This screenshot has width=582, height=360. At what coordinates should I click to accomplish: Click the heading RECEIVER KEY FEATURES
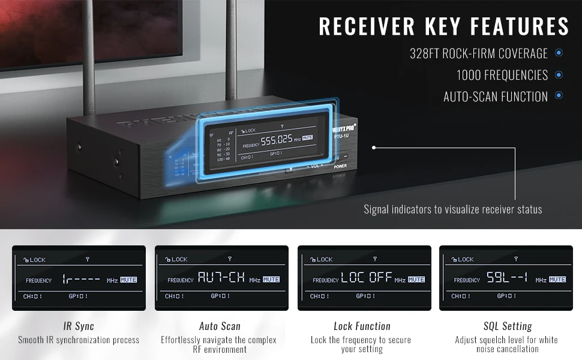click(x=444, y=26)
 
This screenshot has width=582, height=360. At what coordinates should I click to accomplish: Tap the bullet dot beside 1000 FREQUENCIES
click(x=559, y=75)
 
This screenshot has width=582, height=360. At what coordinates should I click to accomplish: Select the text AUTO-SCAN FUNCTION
click(x=496, y=97)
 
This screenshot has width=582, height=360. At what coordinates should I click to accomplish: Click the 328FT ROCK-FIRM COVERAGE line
click(x=479, y=53)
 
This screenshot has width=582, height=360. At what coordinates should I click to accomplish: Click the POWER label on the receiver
click(x=340, y=166)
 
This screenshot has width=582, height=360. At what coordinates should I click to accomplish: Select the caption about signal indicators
click(x=453, y=209)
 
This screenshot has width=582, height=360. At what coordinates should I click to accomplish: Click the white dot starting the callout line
click(x=374, y=147)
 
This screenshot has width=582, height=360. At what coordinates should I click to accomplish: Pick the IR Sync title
click(x=79, y=326)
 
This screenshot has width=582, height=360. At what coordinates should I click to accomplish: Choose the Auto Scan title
click(x=220, y=326)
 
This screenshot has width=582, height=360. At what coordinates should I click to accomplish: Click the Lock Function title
click(x=362, y=326)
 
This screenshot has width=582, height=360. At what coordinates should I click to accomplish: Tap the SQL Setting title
click(x=508, y=326)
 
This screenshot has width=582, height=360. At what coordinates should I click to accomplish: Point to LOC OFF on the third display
click(x=367, y=278)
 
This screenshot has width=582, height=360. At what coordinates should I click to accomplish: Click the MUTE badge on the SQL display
click(x=557, y=280)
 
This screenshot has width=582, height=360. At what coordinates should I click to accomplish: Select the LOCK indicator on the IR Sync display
click(x=34, y=260)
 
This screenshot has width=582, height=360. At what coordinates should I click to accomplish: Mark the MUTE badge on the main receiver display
click(x=307, y=138)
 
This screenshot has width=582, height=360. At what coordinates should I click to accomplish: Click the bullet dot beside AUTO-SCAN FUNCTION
click(x=559, y=95)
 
